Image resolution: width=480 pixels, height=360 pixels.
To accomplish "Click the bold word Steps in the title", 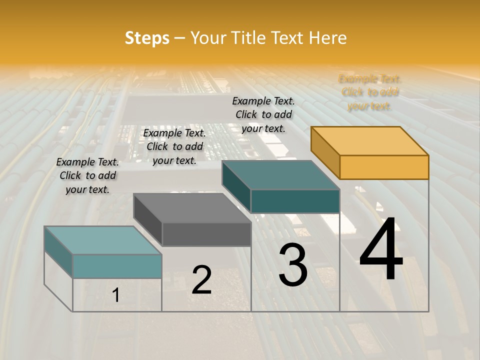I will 147,38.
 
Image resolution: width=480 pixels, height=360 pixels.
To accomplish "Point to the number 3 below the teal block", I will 293,265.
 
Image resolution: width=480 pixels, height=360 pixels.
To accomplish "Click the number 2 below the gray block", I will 201,280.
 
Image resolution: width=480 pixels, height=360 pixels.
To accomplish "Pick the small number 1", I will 115,295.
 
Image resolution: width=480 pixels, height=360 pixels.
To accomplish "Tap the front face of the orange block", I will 384,167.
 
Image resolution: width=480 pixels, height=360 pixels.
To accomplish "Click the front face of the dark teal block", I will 295,201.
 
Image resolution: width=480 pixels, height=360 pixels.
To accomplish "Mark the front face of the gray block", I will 206,234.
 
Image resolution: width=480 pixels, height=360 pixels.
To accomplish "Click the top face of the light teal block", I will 103,240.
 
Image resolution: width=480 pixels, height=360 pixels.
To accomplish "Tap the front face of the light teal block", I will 117,266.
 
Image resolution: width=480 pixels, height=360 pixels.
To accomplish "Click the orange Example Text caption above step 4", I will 369,92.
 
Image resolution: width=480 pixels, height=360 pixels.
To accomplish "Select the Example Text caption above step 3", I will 263,114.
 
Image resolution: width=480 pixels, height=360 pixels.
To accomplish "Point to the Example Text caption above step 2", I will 174,146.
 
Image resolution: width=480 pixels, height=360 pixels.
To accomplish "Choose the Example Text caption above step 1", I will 87,175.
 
